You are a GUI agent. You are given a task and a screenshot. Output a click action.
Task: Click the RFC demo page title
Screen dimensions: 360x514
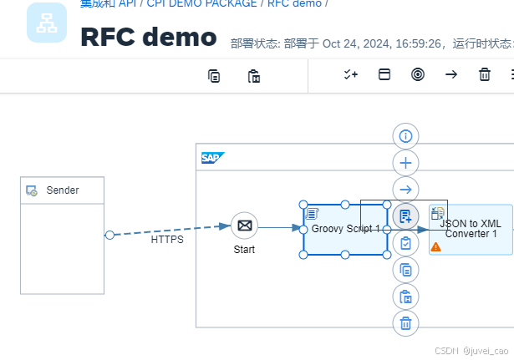(x=148, y=37)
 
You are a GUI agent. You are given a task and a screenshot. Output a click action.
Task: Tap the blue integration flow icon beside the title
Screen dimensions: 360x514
(x=47, y=23)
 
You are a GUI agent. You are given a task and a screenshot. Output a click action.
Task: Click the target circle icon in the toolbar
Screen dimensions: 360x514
(x=418, y=74)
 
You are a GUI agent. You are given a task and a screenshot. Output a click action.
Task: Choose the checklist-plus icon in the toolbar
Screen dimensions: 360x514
(x=351, y=74)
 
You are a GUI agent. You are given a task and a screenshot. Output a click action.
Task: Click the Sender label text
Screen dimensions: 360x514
(x=63, y=190)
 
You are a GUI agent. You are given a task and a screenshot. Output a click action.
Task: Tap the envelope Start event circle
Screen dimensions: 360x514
(x=244, y=226)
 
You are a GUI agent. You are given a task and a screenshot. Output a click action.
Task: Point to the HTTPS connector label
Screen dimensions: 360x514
(x=167, y=240)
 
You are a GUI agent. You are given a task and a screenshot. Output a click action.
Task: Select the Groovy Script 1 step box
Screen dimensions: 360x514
(x=344, y=230)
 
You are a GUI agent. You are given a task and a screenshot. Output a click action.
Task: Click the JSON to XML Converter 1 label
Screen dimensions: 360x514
(x=471, y=229)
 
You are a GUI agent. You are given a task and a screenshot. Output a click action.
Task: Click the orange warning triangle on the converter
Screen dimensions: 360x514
(x=435, y=247)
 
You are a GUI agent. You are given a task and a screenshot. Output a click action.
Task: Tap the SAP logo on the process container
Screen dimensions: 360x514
(x=212, y=157)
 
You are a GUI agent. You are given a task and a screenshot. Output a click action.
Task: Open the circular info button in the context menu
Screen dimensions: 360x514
(x=405, y=135)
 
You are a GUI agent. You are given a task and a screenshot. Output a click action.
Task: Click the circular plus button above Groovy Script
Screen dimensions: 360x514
(x=405, y=162)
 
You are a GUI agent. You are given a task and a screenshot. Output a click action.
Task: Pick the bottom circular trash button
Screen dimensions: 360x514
(x=405, y=323)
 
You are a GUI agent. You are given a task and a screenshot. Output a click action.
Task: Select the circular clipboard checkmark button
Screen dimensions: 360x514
(x=405, y=243)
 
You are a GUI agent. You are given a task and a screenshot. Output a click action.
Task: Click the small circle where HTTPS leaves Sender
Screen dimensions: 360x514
(x=109, y=236)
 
